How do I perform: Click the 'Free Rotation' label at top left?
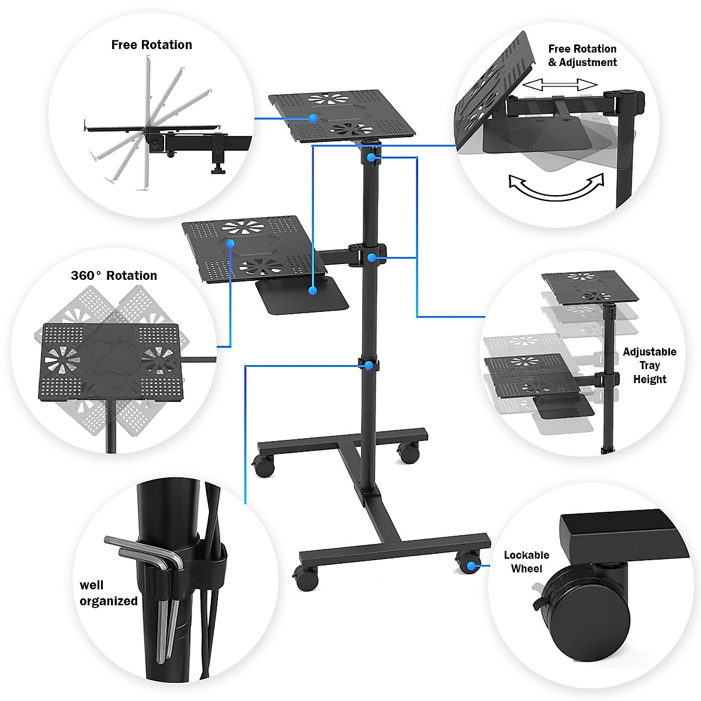click(151, 45)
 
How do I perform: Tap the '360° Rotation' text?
click(114, 276)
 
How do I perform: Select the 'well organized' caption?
click(109, 593)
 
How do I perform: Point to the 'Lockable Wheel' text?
click(526, 562)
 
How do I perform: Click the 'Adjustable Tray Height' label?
click(649, 366)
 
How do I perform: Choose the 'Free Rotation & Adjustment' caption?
click(582, 55)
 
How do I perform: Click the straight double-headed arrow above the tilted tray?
click(559, 85)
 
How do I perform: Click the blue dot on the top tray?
click(313, 118)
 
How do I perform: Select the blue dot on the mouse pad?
click(313, 290)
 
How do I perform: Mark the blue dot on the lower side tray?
click(230, 243)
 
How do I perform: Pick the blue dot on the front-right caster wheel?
click(471, 565)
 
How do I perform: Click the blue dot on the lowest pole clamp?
click(369, 365)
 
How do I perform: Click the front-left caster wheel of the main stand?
click(306, 578)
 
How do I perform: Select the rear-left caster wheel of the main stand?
click(263, 466)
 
